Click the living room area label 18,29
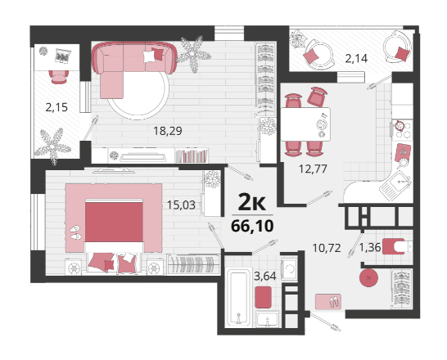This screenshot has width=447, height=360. click(168, 131)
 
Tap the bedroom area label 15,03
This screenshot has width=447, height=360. click(181, 205)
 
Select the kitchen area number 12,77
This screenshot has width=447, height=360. click(313, 169)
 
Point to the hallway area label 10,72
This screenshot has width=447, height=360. click(327, 248)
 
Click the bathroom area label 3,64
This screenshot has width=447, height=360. click(265, 276)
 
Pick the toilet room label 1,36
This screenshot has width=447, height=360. click(370, 247)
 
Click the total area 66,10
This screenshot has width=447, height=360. click(252, 226)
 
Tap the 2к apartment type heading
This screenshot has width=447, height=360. click(251, 201)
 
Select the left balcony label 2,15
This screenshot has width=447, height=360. click(56, 108)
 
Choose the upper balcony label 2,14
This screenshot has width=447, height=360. click(356, 59)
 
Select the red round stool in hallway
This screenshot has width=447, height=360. click(369, 277)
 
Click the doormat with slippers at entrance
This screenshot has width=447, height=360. click(328, 302)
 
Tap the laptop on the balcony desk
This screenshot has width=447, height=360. click(63, 56)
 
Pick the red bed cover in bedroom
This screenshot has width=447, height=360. click(114, 222)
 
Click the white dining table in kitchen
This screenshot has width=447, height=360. click(305, 124)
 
